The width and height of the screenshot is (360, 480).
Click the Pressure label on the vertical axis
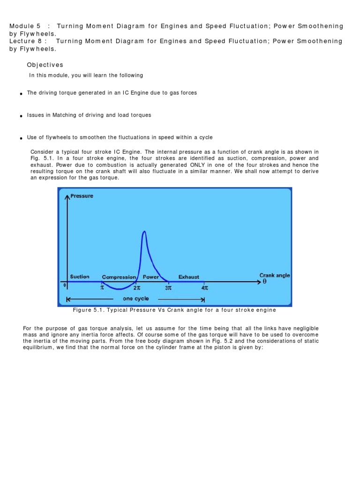pyautogui.click(x=82, y=196)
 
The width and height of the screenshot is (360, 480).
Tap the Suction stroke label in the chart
pyautogui.click(x=80, y=277)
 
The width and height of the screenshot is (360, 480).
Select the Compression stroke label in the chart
pyautogui.click(x=119, y=277)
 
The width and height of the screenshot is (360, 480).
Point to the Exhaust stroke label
pyautogui.click(x=189, y=277)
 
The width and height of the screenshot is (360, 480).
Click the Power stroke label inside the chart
pyautogui.click(x=151, y=277)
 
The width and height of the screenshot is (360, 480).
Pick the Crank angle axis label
pyautogui.click(x=275, y=276)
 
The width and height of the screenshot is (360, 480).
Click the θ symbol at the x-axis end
pyautogui.click(x=264, y=282)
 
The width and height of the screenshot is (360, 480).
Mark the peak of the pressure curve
pyautogui.click(x=144, y=232)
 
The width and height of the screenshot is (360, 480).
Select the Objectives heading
pyautogui.click(x=45, y=65)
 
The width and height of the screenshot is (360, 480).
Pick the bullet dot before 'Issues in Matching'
pyautogui.click(x=22, y=116)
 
